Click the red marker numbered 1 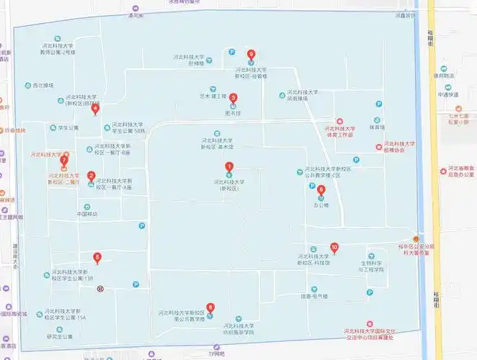(230, 167)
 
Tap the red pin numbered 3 (233, 97)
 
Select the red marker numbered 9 (251, 54)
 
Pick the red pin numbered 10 (334, 248)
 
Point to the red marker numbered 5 (97, 257)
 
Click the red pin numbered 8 (210, 307)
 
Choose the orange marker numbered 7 (63, 160)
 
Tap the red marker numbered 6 (321, 191)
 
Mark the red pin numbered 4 (96, 109)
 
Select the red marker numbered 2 (91, 175)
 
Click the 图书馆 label (233, 113)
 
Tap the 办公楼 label (321, 205)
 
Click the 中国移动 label (86, 214)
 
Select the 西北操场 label (43, 85)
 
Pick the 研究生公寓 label (60, 336)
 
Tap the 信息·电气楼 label (315, 297)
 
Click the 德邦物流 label (444, 76)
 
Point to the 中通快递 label (448, 94)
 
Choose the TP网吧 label (217, 354)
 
